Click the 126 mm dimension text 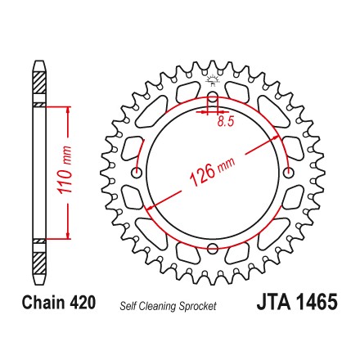(x=212, y=172)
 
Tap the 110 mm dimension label (x=65, y=170)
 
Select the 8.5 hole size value (x=226, y=121)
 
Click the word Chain (x=43, y=302)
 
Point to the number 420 (x=83, y=302)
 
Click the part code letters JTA (x=273, y=302)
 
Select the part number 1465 (x=317, y=302)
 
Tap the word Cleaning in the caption (x=158, y=306)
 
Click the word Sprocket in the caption (x=198, y=306)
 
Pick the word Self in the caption (x=128, y=306)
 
